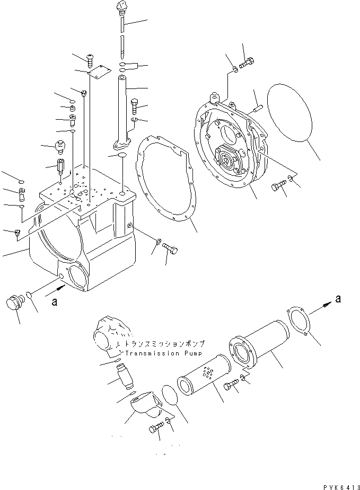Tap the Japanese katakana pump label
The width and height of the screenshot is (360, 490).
point(164,343)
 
